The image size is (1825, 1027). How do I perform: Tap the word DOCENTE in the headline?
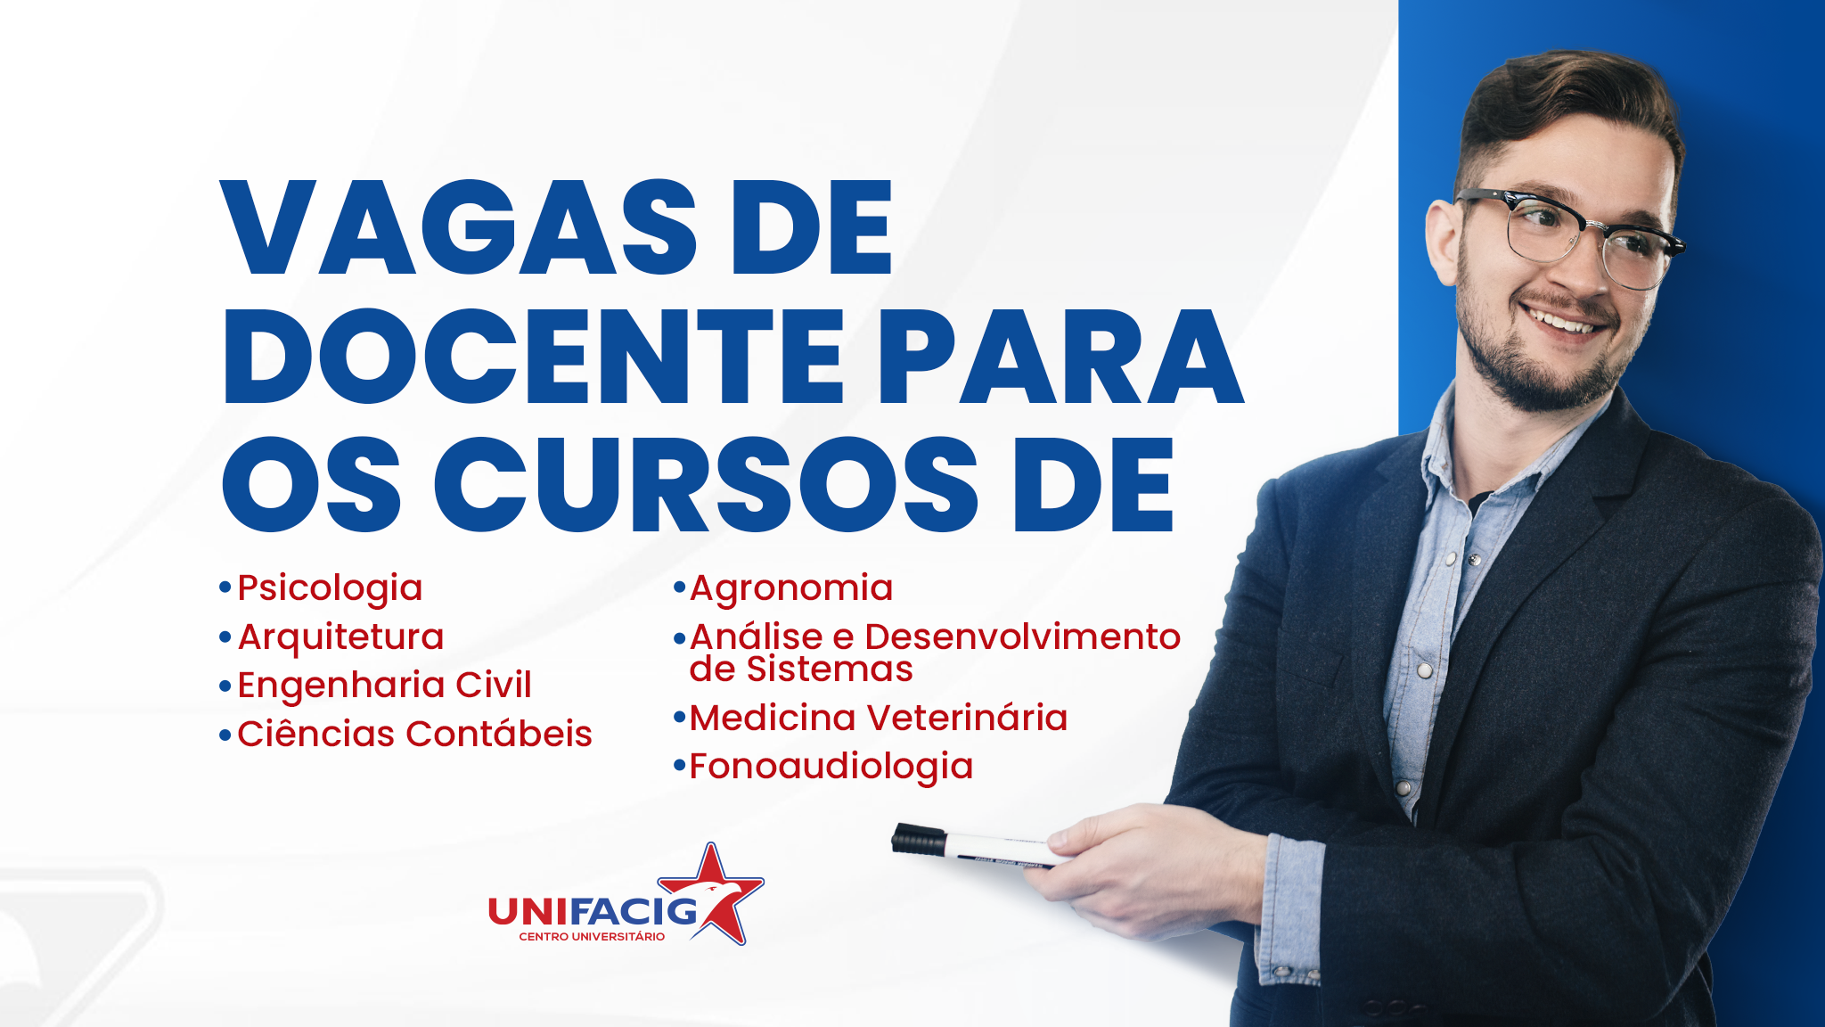(x=534, y=356)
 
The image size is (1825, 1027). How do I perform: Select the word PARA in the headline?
(x=1061, y=356)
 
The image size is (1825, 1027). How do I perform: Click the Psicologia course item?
(x=330, y=589)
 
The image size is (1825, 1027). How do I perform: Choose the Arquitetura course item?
(x=340, y=638)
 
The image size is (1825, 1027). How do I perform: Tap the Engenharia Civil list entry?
(x=384, y=686)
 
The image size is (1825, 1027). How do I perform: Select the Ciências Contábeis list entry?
(x=414, y=734)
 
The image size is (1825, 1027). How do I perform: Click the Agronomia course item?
(x=791, y=589)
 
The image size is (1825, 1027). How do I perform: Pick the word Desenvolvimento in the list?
(x=1023, y=637)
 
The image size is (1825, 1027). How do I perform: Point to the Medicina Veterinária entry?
(x=879, y=718)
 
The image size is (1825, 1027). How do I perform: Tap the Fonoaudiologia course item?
(x=831, y=767)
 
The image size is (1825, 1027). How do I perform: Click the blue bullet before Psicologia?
(x=225, y=587)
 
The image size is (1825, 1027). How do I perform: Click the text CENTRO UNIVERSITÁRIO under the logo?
(x=592, y=936)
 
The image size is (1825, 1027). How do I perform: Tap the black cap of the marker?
(x=919, y=839)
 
